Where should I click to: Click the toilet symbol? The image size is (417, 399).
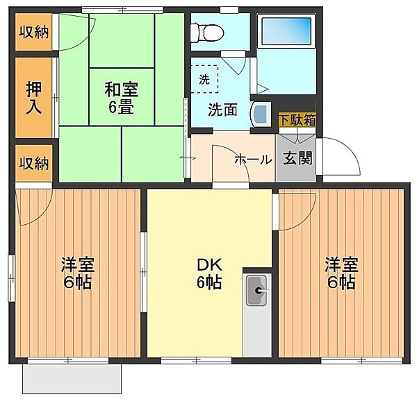click(207, 33)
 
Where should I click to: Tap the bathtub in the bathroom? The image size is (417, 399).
click(286, 31)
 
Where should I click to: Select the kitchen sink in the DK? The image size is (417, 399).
click(256, 291)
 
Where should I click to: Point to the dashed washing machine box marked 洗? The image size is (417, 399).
click(204, 79)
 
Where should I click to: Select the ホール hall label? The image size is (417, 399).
click(253, 160)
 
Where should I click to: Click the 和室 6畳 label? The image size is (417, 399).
click(121, 98)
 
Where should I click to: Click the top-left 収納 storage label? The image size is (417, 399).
click(34, 32)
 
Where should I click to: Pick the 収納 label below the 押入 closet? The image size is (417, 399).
click(34, 163)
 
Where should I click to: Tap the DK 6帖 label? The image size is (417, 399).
click(209, 273)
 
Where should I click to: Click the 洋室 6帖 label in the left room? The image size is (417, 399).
click(78, 273)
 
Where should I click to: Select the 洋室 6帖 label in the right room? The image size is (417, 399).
click(341, 273)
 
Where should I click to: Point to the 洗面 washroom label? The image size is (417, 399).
click(222, 110)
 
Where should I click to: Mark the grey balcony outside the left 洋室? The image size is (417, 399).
click(72, 379)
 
